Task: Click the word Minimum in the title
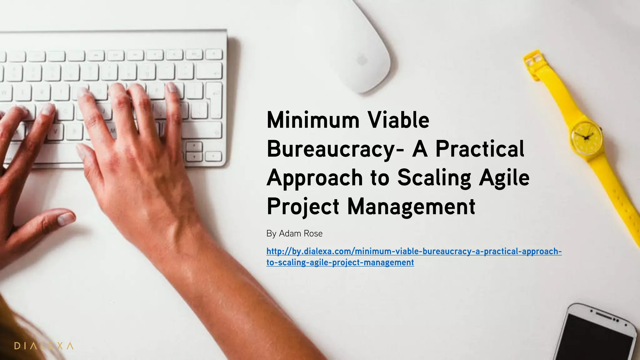point(313,120)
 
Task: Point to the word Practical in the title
point(480,149)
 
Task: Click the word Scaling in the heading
point(434,178)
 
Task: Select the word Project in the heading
point(303,207)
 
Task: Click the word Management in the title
point(411,207)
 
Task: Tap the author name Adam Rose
point(301,233)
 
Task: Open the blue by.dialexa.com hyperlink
point(414,252)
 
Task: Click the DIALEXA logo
point(44,346)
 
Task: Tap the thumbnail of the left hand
point(66,218)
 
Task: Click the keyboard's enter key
point(214,97)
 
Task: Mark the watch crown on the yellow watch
point(602,128)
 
